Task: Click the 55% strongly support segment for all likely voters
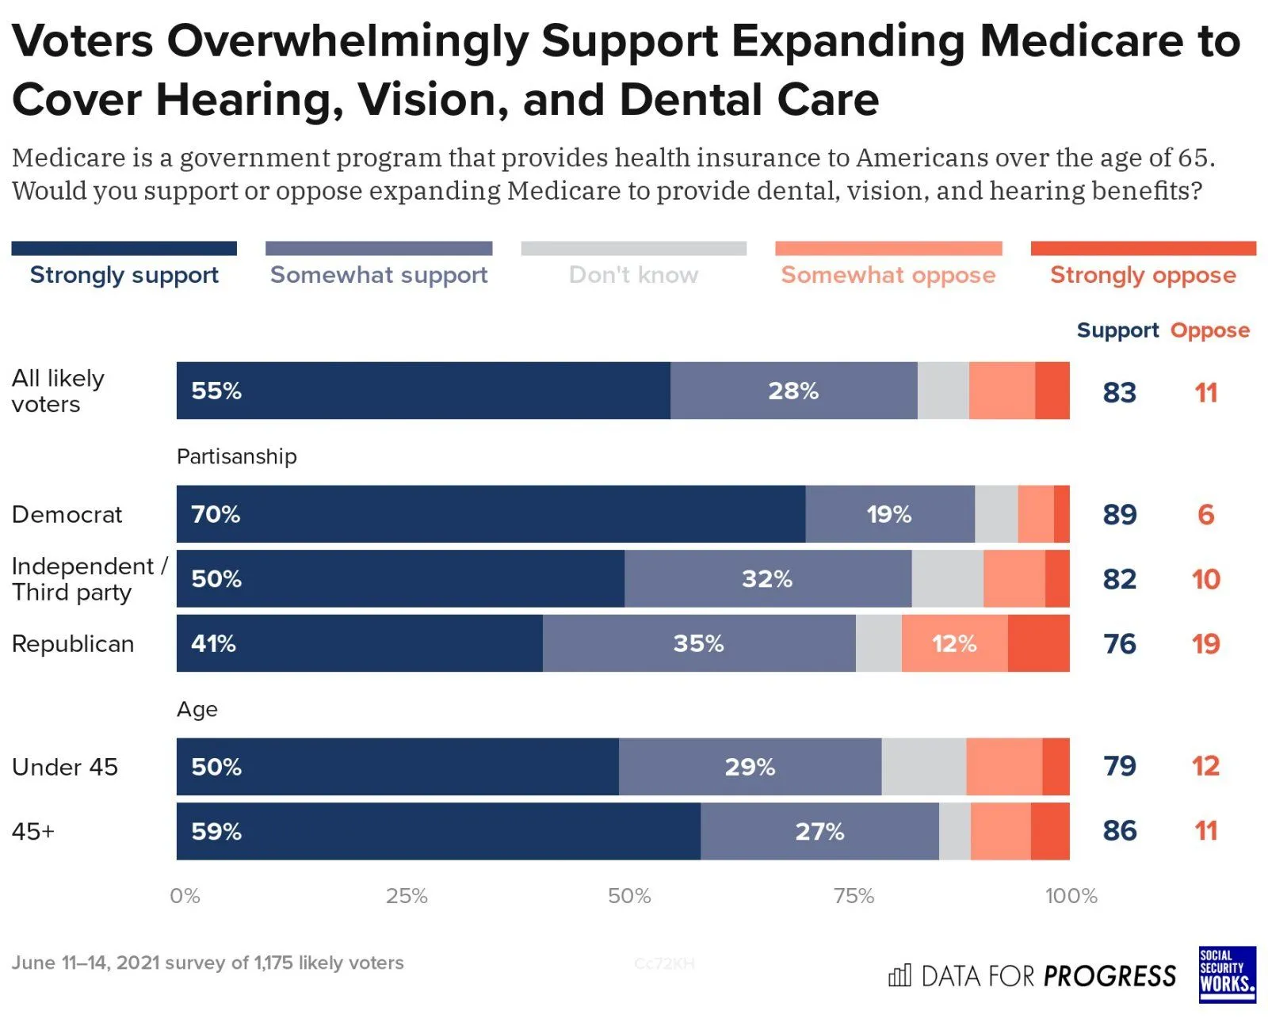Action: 423,391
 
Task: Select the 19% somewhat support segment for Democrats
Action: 889,514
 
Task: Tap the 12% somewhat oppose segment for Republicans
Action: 954,643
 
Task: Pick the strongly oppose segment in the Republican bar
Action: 1038,643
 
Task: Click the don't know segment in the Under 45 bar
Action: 923,767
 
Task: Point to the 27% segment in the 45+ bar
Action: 819,831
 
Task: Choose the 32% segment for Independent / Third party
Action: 767,579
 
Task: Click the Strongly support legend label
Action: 124,275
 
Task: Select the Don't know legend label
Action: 633,275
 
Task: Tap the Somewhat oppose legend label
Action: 888,275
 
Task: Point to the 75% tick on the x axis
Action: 854,896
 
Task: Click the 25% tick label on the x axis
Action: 407,896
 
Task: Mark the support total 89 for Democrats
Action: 1119,515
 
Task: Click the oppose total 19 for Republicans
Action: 1205,644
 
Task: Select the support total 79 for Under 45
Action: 1119,766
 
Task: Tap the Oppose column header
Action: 1209,330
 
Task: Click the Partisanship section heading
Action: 236,456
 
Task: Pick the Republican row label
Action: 73,644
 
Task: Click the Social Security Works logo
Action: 1227,974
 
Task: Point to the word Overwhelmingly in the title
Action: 347,41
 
